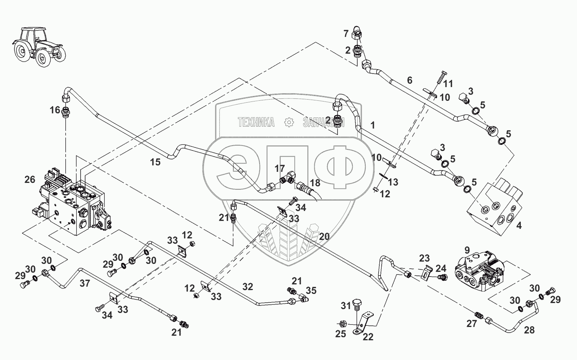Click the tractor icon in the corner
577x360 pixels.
(x=39, y=47)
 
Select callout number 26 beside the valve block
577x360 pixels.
(x=30, y=179)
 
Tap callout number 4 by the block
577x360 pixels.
(x=519, y=225)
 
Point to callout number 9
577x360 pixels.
(x=467, y=250)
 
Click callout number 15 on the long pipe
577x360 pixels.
(x=155, y=162)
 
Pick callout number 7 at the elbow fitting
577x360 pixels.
(x=346, y=33)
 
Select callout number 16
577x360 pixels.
(x=55, y=110)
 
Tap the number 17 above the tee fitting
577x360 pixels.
(x=280, y=168)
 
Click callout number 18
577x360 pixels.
(x=315, y=183)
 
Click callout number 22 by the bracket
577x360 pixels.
(x=368, y=336)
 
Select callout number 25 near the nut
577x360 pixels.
(x=341, y=334)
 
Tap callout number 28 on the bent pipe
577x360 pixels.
(x=529, y=330)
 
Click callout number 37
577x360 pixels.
(x=85, y=284)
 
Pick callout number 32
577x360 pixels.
(x=248, y=287)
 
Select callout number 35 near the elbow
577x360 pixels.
(x=311, y=290)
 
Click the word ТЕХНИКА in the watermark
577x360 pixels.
(x=256, y=122)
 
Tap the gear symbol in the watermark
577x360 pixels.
(x=289, y=122)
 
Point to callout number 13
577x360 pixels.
(x=393, y=182)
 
